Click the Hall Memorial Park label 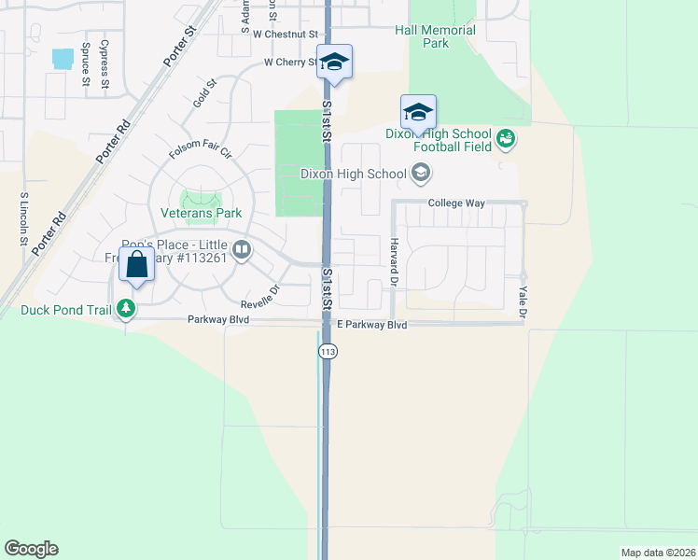[435, 36]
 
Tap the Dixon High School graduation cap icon [421, 173]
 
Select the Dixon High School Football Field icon [507, 139]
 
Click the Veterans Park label [202, 213]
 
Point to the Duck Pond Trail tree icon [123, 308]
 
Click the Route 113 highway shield [327, 351]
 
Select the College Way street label [453, 203]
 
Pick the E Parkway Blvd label [372, 325]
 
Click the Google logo [31, 549]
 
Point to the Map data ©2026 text [658, 553]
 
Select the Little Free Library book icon [242, 249]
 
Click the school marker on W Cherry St [334, 63]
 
